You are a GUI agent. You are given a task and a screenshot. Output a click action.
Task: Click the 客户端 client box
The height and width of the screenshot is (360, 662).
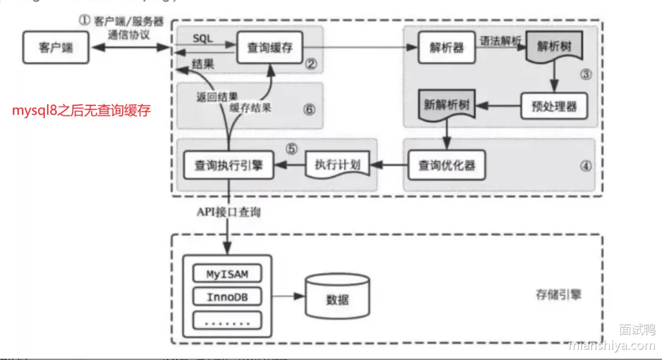point(56,48)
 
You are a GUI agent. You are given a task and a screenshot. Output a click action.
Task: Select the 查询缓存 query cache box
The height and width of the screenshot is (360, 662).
point(270,48)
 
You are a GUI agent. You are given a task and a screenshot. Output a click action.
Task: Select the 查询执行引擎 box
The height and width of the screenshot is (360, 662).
point(229,166)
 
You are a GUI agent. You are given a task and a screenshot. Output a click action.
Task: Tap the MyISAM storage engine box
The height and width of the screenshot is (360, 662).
point(227,274)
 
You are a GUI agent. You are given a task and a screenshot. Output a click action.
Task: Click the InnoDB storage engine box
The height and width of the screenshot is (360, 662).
point(227,297)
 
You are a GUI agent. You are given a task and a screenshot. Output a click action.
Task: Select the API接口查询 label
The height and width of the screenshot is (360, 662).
point(229,213)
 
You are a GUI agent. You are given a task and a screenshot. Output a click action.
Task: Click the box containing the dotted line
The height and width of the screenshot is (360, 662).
point(227,320)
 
